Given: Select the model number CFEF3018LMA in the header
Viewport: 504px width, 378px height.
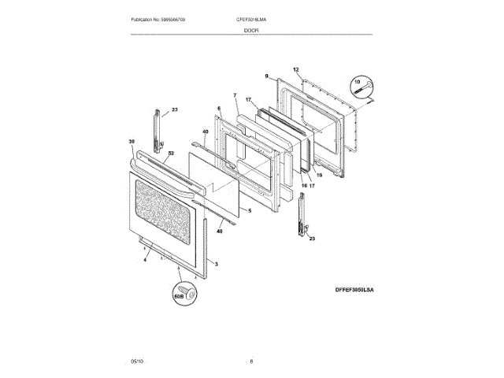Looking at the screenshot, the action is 252,19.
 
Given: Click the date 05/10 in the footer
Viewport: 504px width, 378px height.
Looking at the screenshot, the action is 137,361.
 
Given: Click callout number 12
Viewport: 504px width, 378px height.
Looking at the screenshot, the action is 296,69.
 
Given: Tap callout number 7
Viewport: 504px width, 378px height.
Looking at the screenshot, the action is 235,95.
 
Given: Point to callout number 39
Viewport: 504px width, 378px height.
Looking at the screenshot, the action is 132,142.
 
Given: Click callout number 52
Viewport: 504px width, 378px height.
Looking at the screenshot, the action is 148,152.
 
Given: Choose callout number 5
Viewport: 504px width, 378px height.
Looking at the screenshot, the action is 249,210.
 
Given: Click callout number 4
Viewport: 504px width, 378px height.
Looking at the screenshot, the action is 145,259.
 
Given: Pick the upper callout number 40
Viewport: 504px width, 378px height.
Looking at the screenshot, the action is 205,132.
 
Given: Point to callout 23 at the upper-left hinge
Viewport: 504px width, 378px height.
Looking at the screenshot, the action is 175,109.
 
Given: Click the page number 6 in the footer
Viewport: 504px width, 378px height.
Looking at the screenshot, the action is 251,361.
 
